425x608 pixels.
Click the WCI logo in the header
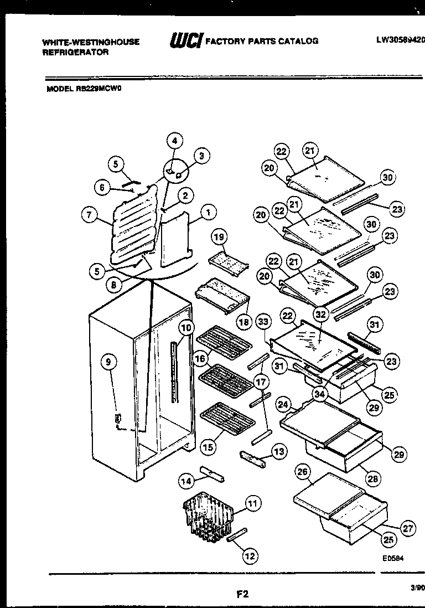click(x=186, y=40)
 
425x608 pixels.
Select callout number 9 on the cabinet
click(x=108, y=362)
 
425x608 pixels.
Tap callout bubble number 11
click(x=252, y=503)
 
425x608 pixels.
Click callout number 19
click(x=220, y=237)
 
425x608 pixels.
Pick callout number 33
click(x=263, y=321)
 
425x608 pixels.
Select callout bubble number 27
click(x=408, y=528)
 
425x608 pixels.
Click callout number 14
click(x=186, y=482)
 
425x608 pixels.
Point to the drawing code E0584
click(x=393, y=559)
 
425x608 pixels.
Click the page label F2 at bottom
click(x=242, y=595)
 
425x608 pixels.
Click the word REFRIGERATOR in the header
click(x=76, y=53)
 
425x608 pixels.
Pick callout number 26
click(x=302, y=472)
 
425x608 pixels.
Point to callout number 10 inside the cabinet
click(x=186, y=327)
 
